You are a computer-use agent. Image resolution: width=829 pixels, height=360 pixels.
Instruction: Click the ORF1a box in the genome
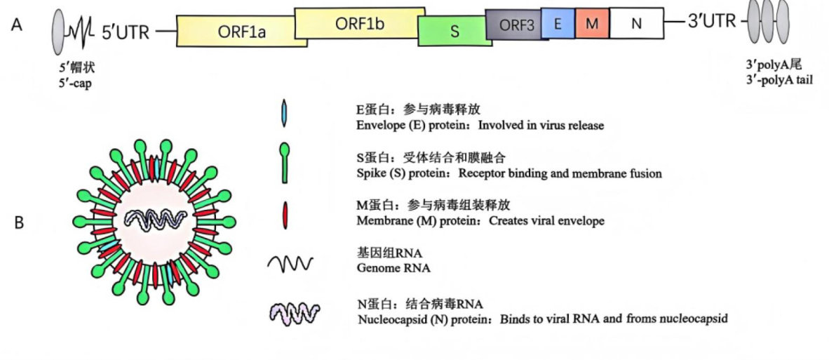[241, 31]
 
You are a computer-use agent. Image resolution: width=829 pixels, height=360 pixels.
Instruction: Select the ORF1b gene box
[360, 22]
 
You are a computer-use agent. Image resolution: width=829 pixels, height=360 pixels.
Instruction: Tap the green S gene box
[454, 31]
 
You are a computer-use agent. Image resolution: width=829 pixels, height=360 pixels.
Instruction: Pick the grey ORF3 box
[516, 25]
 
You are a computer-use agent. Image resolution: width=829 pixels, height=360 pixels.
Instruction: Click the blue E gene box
[558, 23]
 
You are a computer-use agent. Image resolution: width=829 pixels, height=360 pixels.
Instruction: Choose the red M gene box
[592, 23]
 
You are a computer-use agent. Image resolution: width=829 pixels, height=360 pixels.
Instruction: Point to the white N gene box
[637, 23]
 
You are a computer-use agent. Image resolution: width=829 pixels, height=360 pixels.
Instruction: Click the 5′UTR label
[126, 32]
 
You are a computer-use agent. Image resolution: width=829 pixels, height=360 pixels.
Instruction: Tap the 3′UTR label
[712, 22]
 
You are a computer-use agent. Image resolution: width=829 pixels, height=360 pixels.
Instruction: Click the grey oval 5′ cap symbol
[58, 31]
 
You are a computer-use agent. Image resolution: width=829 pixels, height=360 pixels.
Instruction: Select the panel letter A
[16, 25]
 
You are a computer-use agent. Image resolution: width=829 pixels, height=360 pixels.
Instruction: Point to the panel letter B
[18, 223]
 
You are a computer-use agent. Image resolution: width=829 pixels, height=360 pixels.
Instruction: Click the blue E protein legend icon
[285, 113]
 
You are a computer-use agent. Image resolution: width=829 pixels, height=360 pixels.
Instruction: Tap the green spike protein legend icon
[285, 163]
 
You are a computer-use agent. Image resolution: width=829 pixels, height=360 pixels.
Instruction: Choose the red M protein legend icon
[285, 215]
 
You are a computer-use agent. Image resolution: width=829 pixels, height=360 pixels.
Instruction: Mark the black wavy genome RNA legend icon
[290, 262]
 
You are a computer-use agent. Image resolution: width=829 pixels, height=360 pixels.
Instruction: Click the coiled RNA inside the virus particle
[156, 218]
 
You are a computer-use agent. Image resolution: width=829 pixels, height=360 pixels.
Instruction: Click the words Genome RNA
[393, 268]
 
